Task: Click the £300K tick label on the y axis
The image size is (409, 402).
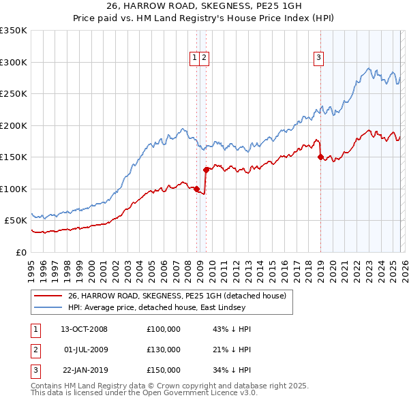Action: (14, 62)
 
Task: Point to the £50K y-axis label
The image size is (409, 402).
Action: (16, 220)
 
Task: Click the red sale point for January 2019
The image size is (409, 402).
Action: (320, 157)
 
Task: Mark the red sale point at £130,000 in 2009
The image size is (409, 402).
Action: (206, 170)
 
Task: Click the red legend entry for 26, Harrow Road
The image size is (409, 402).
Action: (181, 295)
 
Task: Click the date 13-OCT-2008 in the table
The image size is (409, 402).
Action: (84, 329)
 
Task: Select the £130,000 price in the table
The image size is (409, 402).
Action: (163, 350)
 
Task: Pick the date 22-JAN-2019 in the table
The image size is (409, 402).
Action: (84, 370)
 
